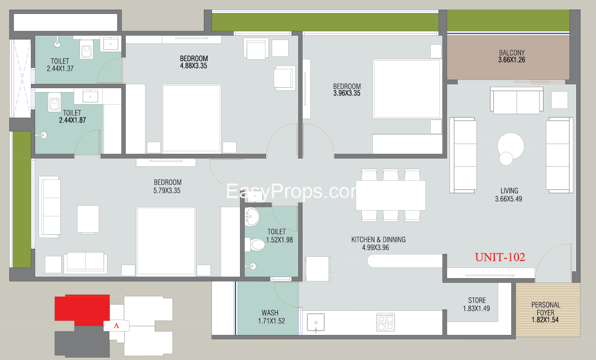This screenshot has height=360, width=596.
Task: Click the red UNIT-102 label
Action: [x=500, y=257]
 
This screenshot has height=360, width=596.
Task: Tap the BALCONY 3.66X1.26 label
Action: [x=512, y=56]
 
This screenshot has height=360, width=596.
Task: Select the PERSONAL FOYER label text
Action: [x=546, y=308]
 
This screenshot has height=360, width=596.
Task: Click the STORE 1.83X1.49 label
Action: [x=477, y=305]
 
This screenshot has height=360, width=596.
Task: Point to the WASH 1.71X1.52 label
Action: [x=271, y=317]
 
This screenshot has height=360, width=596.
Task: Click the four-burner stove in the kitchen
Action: [x=385, y=322]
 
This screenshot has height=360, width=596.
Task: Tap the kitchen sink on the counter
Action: [x=316, y=323]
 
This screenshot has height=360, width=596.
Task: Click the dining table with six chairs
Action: [x=391, y=195]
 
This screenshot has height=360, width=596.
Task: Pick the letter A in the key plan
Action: [x=116, y=326]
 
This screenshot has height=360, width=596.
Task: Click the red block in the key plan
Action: [x=82, y=310]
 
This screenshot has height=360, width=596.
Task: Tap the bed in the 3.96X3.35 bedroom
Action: [x=406, y=89]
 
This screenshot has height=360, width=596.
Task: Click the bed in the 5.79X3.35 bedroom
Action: [x=166, y=241]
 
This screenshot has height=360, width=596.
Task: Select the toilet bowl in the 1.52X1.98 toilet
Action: [x=255, y=244]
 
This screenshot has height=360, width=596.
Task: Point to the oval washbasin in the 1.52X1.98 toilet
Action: [x=252, y=217]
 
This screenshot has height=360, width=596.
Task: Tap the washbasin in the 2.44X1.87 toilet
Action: [x=90, y=96]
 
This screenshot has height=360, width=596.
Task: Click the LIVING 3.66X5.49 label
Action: [x=509, y=195]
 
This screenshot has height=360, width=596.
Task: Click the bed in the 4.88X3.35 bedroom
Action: [x=192, y=119]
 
